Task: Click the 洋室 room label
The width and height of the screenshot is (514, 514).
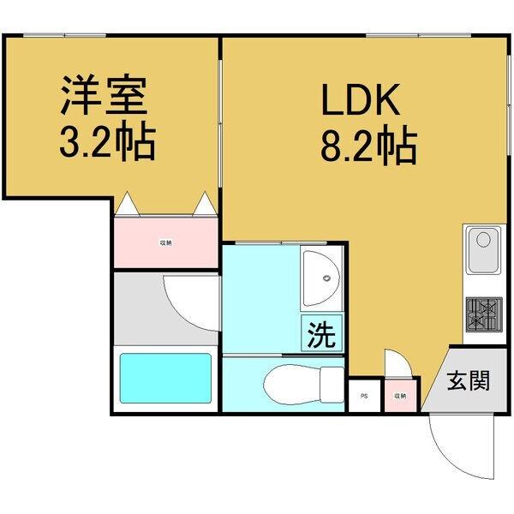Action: point(104,97)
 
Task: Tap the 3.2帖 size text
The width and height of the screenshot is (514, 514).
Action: point(106,143)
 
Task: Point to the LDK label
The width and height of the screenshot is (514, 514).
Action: point(361,100)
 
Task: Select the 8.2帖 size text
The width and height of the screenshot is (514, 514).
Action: point(368,146)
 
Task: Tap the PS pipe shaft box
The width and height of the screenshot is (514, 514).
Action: point(363,396)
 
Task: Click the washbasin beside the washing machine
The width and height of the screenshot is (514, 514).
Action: point(320,278)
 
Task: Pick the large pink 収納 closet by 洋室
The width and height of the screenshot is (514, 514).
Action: point(165,242)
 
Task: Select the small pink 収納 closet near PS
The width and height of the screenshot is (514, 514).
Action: point(399,395)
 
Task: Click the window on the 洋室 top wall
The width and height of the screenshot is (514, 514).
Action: point(65,35)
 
